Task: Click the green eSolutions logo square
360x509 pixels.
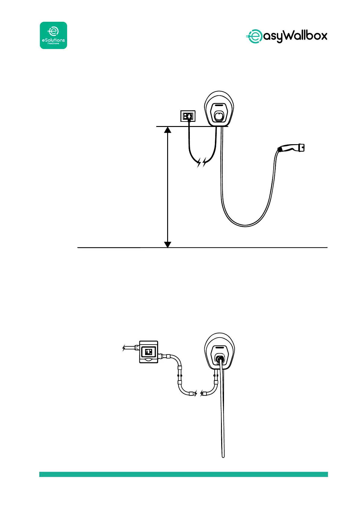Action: (54, 35)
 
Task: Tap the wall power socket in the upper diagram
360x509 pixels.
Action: (188, 116)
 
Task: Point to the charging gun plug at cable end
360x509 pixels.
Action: (291, 148)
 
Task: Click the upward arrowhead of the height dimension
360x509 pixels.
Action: (167, 130)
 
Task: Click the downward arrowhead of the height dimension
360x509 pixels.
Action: (167, 244)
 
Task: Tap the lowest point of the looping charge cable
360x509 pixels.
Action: (245, 225)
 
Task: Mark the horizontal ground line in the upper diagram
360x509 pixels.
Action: (242, 248)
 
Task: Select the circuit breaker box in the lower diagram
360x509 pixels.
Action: (148, 352)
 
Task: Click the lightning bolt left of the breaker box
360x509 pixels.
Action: (124, 349)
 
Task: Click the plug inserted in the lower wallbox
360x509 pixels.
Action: (220, 358)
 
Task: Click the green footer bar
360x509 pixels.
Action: (183, 474)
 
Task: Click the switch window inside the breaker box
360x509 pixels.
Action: (149, 352)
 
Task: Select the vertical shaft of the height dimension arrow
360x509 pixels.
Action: (167, 187)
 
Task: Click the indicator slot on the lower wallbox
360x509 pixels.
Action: (220, 348)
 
